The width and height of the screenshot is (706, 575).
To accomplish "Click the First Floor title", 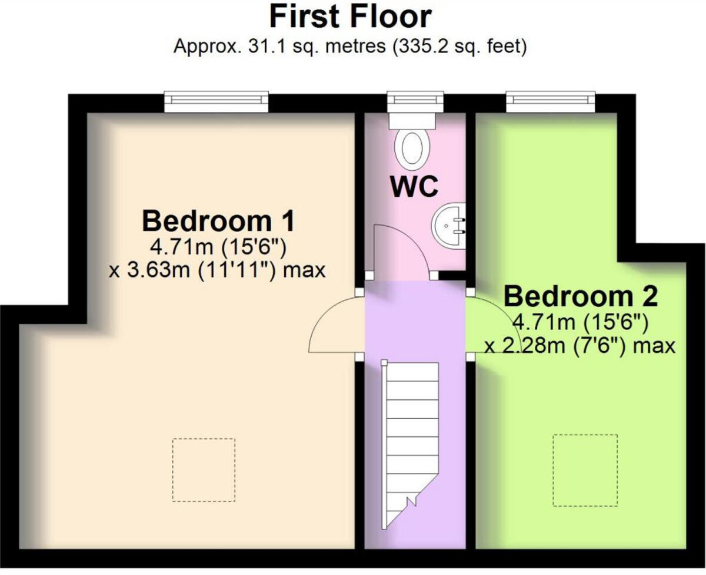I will tap(351, 16).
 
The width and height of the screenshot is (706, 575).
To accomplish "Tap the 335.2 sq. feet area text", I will tap(464, 47).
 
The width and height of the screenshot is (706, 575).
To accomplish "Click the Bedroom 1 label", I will tap(218, 222).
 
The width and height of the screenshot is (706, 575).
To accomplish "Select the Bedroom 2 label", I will tap(580, 296).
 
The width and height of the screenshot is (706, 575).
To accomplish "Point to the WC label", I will tap(414, 187).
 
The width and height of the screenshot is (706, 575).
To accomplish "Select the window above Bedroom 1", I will tap(216, 101).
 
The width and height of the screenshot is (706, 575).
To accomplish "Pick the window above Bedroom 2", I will tap(551, 101).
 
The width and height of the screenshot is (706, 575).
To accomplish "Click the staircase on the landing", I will tap(411, 436).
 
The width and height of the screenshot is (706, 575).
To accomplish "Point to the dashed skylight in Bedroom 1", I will tap(204, 470).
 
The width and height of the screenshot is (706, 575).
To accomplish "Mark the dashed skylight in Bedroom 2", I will tap(585, 470).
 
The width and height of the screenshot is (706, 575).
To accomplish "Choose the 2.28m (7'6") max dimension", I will tap(580, 346).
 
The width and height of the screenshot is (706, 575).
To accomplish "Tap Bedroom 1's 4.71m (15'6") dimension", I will tap(218, 246).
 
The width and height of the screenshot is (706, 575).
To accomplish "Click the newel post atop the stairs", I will tap(384, 363).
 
